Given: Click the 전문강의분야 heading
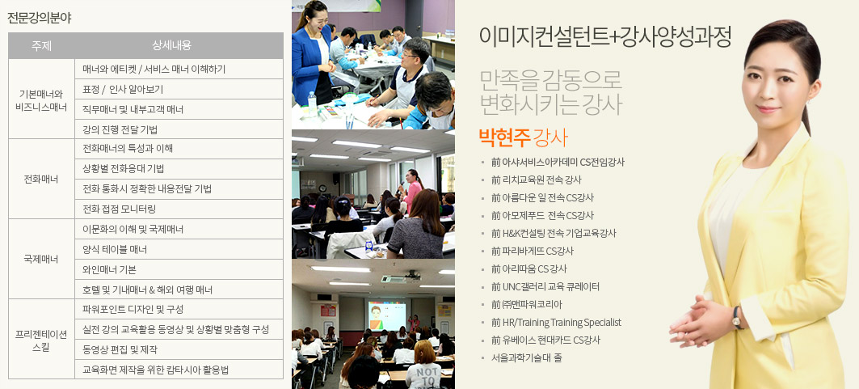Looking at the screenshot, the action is coord(39,18).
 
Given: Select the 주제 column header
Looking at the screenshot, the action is coord(42,46).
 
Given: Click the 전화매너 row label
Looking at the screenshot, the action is coord(42,180).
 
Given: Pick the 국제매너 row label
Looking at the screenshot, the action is coord(42,259).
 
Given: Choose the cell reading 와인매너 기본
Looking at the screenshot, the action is coord(109,269).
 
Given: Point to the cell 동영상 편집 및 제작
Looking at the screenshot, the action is coord(120,349).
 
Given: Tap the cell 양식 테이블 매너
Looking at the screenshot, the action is coord(115,249).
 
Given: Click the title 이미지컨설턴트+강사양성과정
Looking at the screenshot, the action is coord(604,36).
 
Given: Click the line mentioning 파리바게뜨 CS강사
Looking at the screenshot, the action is coord(533,251).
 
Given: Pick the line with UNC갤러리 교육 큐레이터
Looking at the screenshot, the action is coord(545,286).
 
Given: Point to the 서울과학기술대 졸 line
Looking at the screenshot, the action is coord(526,357).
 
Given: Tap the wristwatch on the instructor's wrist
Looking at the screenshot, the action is coord(737,317).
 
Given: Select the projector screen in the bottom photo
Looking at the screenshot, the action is coord(387,316).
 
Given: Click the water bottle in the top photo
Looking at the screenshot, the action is coord(312,104).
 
